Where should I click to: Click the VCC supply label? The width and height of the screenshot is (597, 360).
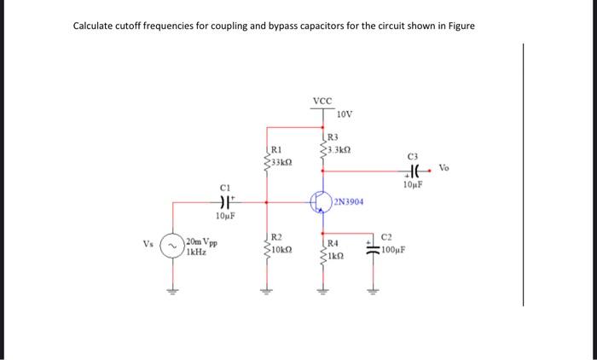pos(322,101)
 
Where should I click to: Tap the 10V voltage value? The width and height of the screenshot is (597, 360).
pos(344,114)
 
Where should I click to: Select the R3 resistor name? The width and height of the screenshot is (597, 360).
pos(333,136)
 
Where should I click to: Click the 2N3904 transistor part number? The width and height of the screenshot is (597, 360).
pos(349,202)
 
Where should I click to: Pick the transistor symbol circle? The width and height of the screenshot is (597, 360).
pos(321,203)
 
